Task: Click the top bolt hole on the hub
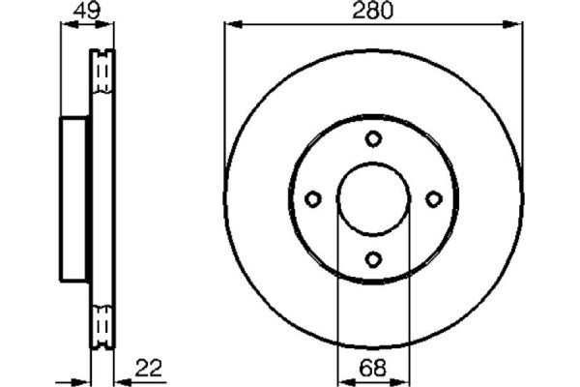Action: click(x=373, y=139)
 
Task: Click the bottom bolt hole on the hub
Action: click(x=373, y=258)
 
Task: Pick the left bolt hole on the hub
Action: click(x=313, y=199)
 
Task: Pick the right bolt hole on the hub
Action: click(x=433, y=199)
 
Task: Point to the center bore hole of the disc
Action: click(x=373, y=199)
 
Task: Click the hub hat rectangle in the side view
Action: click(x=75, y=199)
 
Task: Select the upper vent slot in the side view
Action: click(x=102, y=72)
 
